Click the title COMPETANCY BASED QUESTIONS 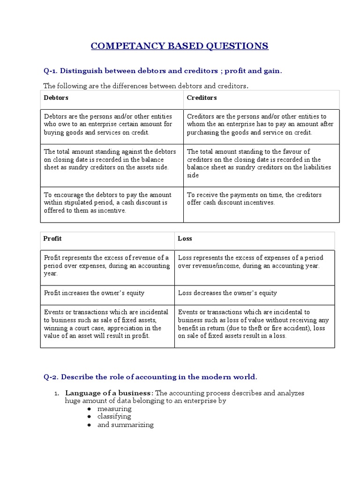coord(180,45)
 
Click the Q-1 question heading coord(163,71)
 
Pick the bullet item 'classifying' coord(114,416)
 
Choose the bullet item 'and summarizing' coord(125,425)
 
